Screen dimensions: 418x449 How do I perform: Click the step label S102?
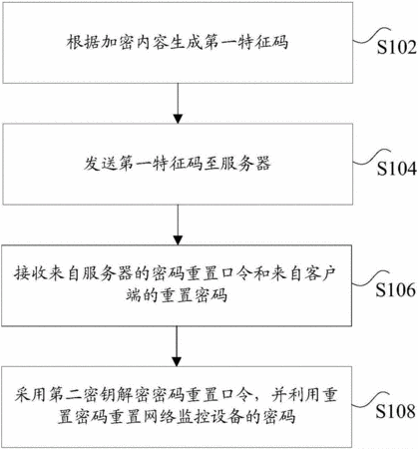[396, 48]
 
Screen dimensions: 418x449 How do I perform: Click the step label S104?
[396, 169]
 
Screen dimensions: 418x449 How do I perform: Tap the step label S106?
[396, 289]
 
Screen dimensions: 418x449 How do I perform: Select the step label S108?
[396, 411]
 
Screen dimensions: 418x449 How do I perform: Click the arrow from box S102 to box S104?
[179, 103]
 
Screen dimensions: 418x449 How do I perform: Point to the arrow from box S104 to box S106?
[179, 224]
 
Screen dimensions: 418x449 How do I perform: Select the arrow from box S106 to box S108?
[177, 346]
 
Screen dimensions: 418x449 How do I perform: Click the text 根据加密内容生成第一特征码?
[178, 43]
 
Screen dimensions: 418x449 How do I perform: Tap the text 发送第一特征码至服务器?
[178, 164]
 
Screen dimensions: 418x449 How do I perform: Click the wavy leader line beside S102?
[371, 36]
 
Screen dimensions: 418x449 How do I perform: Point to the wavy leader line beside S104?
[371, 157]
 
